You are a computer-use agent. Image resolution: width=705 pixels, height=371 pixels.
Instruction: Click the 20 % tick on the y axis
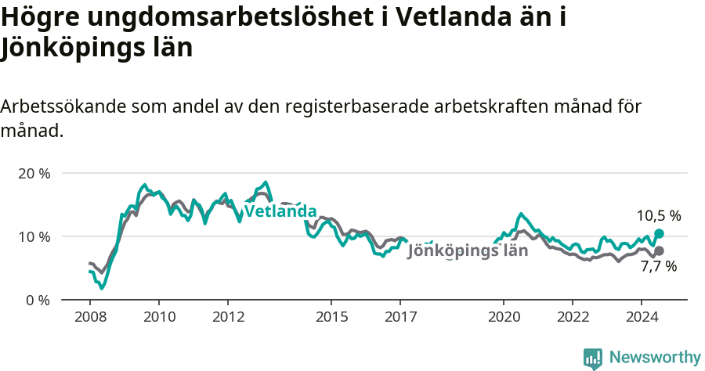tap(33, 173)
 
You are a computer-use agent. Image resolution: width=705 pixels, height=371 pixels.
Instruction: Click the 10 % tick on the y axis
tap(33, 236)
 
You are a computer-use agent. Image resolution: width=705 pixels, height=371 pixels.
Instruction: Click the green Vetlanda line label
tap(280, 211)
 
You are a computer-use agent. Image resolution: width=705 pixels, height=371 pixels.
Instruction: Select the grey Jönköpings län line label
tap(468, 251)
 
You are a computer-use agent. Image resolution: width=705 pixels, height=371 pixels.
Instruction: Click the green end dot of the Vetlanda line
tap(659, 233)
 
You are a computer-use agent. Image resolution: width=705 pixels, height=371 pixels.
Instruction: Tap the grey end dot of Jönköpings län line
tap(659, 250)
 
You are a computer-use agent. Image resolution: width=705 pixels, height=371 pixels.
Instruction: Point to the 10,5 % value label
tap(658, 215)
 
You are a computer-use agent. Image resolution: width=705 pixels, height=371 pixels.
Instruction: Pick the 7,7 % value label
tap(658, 267)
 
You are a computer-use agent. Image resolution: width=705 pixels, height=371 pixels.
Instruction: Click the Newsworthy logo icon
tap(593, 358)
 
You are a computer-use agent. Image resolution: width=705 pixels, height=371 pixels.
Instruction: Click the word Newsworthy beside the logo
tap(655, 358)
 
